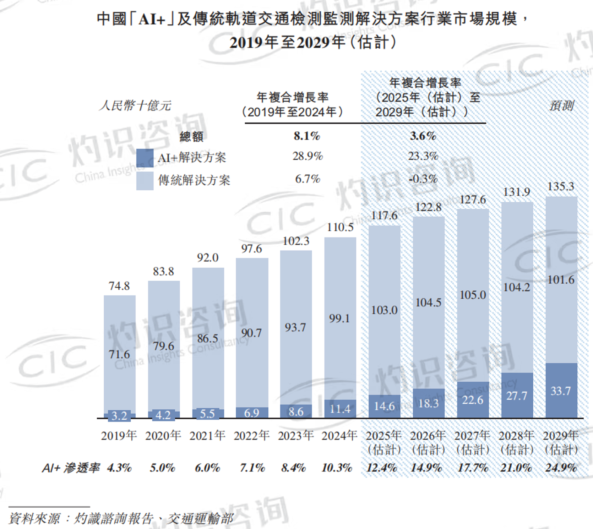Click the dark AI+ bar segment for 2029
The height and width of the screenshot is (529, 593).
point(561,391)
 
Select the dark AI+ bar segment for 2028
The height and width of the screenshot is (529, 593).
point(517,395)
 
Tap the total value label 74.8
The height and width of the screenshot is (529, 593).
point(119,286)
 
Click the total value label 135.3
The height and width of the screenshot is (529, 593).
point(561,186)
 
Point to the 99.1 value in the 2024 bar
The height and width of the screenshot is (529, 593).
point(339,318)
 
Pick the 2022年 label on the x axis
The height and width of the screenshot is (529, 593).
point(251,436)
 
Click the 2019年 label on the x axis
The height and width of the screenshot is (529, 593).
point(119,436)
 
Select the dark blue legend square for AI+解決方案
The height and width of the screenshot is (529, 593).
point(145,158)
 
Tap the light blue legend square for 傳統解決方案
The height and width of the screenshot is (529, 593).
point(145,181)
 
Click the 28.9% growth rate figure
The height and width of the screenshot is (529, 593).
point(308,156)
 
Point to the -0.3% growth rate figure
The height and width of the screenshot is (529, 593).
point(423,179)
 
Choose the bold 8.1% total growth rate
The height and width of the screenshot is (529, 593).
point(307,136)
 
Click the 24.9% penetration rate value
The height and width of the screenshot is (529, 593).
point(561,468)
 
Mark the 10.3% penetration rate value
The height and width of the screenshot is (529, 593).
point(337,468)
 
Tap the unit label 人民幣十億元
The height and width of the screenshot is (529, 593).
point(135,105)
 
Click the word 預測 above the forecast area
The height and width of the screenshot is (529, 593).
point(561,105)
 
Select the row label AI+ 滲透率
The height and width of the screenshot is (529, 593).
point(71,468)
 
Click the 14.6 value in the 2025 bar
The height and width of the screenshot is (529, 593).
point(384,406)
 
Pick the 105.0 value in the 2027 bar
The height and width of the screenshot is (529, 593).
point(473,295)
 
